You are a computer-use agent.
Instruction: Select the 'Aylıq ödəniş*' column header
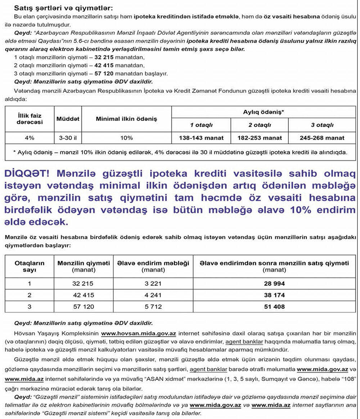(x=264, y=112)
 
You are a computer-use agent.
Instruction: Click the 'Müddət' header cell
(x=68, y=119)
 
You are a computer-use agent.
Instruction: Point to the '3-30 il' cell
(x=68, y=138)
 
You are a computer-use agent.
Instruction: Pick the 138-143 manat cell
(x=201, y=138)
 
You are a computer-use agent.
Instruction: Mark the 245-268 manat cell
(x=322, y=138)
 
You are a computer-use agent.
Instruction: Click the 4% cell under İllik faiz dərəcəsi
(x=30, y=138)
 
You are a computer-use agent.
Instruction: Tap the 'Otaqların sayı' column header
(x=30, y=266)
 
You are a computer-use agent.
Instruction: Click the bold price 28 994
(x=274, y=284)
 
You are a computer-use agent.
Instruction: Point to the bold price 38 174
(x=274, y=295)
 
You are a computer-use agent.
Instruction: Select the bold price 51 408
(x=274, y=307)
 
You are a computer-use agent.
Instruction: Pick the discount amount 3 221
(x=153, y=284)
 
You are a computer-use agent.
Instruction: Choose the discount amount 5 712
(x=153, y=307)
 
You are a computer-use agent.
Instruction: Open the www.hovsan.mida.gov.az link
(x=138, y=334)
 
